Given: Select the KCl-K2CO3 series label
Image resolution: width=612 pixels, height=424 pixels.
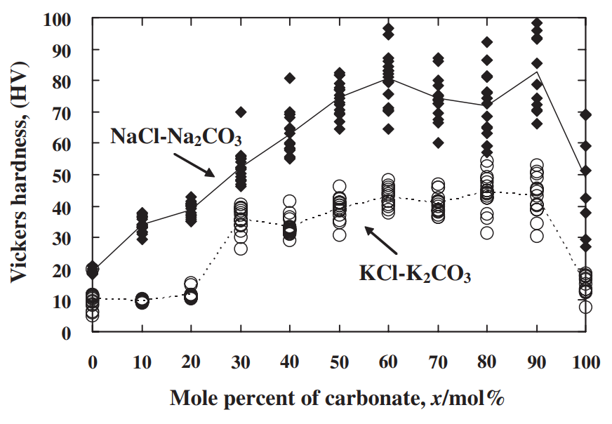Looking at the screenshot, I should coord(415,274).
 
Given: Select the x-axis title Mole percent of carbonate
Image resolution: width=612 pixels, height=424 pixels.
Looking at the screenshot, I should coord(337,399).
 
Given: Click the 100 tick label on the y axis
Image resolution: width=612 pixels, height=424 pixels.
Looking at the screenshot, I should coord(57,19).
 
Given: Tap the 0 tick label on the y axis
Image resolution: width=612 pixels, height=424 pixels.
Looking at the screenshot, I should coord(67,332).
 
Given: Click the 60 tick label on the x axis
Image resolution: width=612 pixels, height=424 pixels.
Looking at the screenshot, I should coord(388,363).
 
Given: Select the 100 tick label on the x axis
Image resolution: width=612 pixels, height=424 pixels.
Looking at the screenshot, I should coord(585,363).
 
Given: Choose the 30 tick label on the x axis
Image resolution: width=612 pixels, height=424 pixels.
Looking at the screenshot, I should coord(241,363).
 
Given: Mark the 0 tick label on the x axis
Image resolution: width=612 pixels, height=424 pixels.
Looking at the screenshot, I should coord(93,363).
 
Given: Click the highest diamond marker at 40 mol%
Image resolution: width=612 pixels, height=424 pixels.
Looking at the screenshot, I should coord(290,78).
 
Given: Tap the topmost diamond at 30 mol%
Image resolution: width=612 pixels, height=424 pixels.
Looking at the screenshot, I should coord(241,112).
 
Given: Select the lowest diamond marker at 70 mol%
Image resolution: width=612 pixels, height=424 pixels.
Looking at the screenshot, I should coord(438,143).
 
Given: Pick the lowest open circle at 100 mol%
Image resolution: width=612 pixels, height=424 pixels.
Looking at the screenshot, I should coord(585,307).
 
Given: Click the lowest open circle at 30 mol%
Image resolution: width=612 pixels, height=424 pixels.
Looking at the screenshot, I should coord(241,249).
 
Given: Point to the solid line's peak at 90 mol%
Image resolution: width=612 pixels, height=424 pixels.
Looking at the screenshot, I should coord(537,72).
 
